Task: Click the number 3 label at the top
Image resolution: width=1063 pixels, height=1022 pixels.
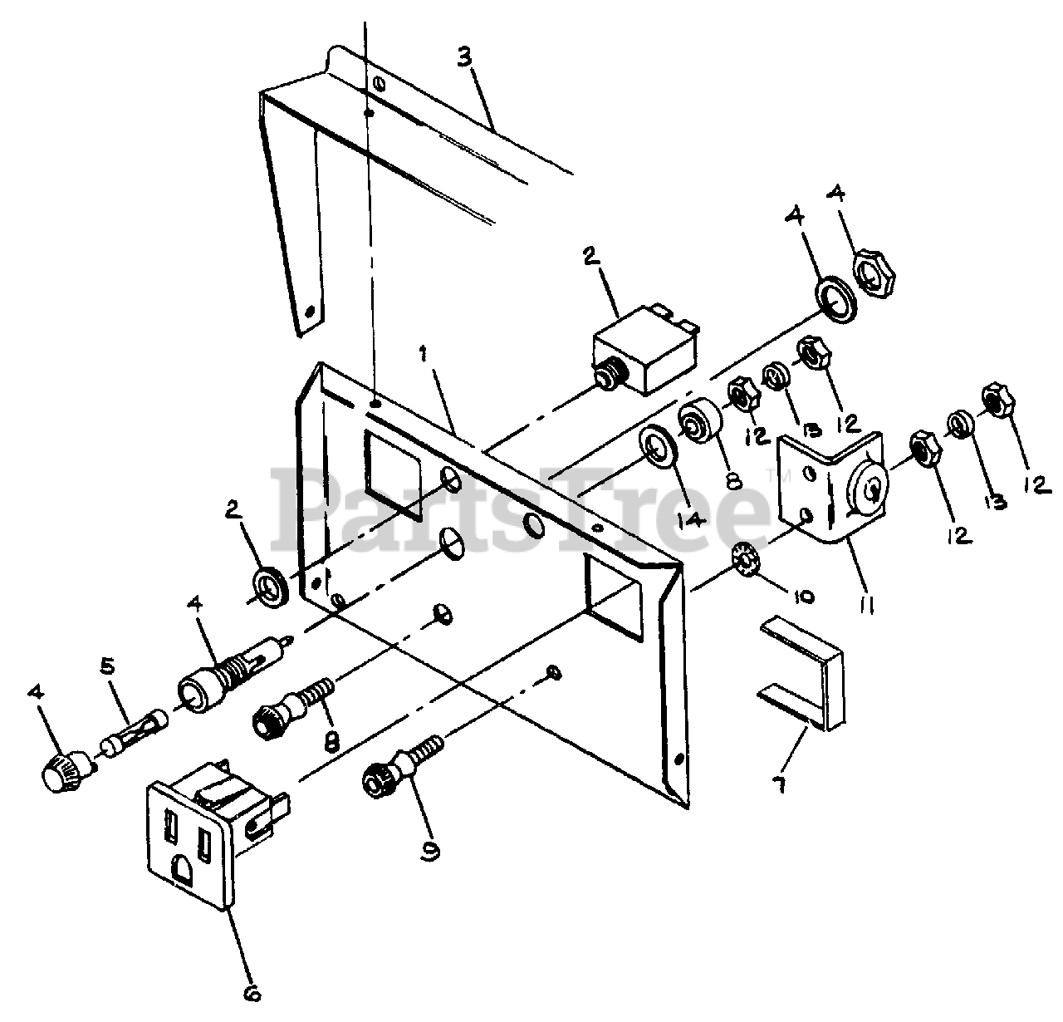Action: pyautogui.click(x=466, y=59)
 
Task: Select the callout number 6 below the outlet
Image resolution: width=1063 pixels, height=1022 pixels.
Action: pyautogui.click(x=252, y=991)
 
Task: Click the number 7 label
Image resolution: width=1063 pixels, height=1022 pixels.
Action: pyautogui.click(x=779, y=784)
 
